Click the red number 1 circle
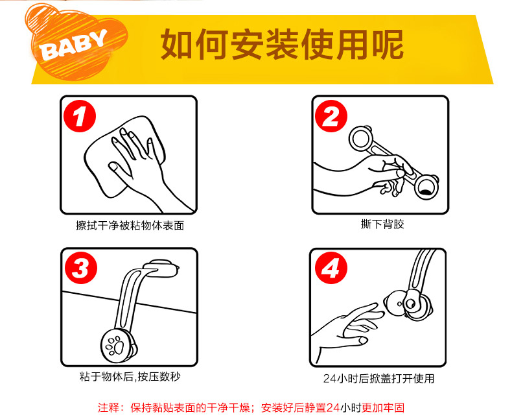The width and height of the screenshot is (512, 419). pyautogui.click(x=80, y=116)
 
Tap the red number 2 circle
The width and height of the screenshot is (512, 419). pyautogui.click(x=331, y=116)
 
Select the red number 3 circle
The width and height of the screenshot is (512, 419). pyautogui.click(x=81, y=268)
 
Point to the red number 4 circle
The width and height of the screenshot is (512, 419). pyautogui.click(x=331, y=268)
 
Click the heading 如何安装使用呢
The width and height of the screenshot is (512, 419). pyautogui.click(x=282, y=45)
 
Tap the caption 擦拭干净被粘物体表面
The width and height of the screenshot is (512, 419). pyautogui.click(x=130, y=226)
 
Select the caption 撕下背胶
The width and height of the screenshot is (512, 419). pyautogui.click(x=382, y=224)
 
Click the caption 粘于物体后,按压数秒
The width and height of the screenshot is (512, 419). pyautogui.click(x=130, y=377)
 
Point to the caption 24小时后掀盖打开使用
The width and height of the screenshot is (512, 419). pyautogui.click(x=378, y=379)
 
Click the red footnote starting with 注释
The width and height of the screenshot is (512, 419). pyautogui.click(x=251, y=407)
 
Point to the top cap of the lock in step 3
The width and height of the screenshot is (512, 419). pyautogui.click(x=162, y=269)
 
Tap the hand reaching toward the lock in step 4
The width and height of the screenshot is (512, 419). pyautogui.click(x=349, y=330)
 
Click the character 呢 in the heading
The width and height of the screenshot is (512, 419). pyautogui.click(x=388, y=45)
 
